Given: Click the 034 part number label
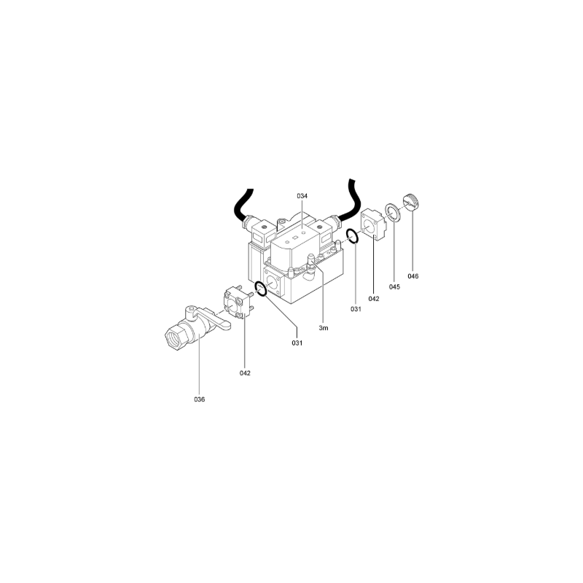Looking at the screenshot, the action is (x=302, y=196).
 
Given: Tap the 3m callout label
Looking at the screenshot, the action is (x=324, y=328).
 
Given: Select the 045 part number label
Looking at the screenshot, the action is (x=394, y=286).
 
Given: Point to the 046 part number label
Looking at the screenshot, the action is (x=413, y=276).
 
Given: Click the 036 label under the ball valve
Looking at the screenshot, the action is (x=199, y=399).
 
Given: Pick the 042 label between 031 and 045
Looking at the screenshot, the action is (x=374, y=299).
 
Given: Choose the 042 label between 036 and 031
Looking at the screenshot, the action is (x=245, y=373).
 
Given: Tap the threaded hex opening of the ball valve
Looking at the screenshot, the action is (x=174, y=337).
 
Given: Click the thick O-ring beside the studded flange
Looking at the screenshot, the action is (x=261, y=289).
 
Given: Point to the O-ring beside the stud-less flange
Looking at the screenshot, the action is (x=353, y=236).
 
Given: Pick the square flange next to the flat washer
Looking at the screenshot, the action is (x=372, y=224).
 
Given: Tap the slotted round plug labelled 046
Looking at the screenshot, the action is (x=412, y=202).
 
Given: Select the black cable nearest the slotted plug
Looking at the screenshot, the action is (x=351, y=201).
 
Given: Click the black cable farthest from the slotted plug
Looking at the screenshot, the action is (x=243, y=206).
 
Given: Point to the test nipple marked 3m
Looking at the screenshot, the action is (x=311, y=259).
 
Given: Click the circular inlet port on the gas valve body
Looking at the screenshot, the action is (x=273, y=283).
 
